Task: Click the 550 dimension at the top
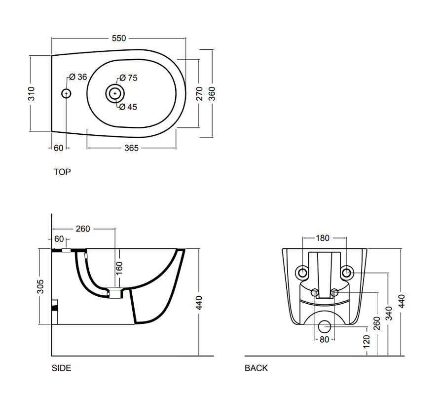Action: pyautogui.click(x=119, y=38)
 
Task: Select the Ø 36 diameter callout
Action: pyautogui.click(x=78, y=77)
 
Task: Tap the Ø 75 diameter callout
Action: pyautogui.click(x=129, y=78)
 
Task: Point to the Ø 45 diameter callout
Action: pyautogui.click(x=128, y=107)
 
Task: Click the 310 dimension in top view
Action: pyautogui.click(x=31, y=94)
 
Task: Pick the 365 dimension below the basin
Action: pyautogui.click(x=131, y=148)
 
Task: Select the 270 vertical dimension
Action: pyautogui.click(x=199, y=94)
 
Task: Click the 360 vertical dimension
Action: pyautogui.click(x=212, y=94)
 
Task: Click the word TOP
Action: pyautogui.click(x=62, y=172)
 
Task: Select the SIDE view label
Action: pyautogui.click(x=62, y=368)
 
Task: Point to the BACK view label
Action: pyautogui.click(x=256, y=368)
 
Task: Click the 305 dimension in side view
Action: pyautogui.click(x=40, y=286)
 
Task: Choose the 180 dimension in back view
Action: pyautogui.click(x=323, y=238)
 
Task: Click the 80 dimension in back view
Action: pyautogui.click(x=324, y=339)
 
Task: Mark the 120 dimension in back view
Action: pyautogui.click(x=367, y=341)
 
